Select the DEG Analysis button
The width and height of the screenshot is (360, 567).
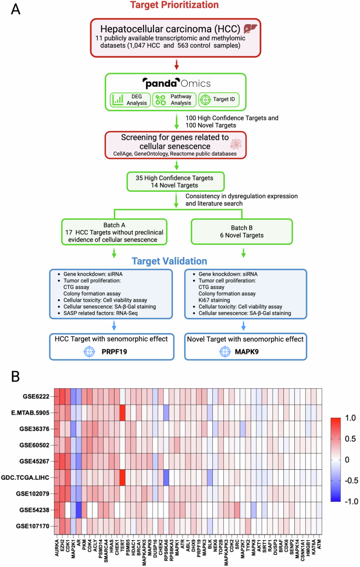(129, 99)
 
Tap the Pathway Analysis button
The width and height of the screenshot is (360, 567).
(173, 99)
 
